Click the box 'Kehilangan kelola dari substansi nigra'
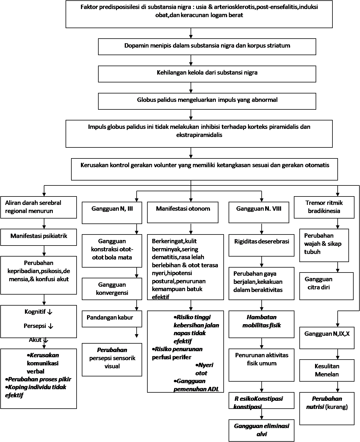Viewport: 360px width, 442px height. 207,74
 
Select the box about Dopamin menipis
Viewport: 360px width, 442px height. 207,46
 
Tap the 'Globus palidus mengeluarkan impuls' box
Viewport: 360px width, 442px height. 207,101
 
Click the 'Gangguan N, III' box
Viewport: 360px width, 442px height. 112,213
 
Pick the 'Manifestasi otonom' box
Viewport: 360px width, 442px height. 183,212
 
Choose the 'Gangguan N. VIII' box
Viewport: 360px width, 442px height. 259,212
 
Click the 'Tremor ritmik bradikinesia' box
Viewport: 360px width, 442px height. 324,207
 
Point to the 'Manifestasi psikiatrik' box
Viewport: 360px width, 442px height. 39,237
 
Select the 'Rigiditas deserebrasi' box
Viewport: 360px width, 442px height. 261,245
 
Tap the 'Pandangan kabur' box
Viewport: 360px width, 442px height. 112,319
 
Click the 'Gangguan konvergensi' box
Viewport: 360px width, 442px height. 112,289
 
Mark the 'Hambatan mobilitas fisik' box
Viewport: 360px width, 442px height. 261,324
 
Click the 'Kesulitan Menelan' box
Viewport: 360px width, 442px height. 327,370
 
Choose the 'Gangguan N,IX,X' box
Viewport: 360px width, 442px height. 327,338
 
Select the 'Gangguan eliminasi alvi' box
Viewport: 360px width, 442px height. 261,430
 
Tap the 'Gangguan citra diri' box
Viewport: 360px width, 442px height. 326,286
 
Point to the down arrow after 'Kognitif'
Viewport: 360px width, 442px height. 50,312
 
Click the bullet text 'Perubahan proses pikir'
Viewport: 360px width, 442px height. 39,379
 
